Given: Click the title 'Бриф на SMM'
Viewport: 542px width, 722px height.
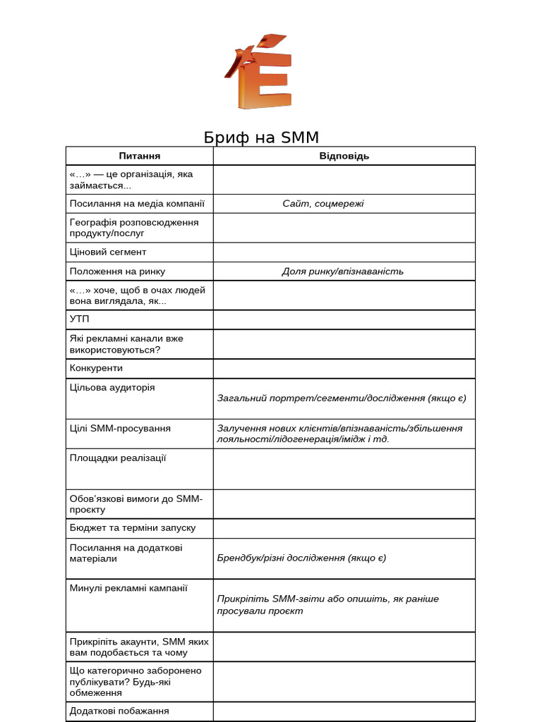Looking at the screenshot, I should [x=261, y=137].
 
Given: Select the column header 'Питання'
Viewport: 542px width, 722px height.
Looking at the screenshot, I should [x=140, y=156].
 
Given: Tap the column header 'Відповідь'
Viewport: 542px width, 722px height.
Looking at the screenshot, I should [x=344, y=156].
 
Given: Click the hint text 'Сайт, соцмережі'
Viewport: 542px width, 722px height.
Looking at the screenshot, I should [x=323, y=204].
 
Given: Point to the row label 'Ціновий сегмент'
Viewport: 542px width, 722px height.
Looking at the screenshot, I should [x=108, y=252].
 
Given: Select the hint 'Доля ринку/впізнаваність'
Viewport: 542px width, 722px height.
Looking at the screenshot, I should [x=343, y=271].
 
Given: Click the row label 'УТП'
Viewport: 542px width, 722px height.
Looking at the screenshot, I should [x=80, y=319].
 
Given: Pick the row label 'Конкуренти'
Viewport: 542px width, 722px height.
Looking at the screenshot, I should [x=96, y=367].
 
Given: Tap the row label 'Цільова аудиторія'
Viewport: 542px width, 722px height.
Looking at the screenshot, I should [x=112, y=387].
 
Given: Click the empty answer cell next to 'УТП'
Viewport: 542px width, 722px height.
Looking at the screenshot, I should [x=344, y=319].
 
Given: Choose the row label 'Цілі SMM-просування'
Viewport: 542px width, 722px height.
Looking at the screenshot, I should [x=120, y=428].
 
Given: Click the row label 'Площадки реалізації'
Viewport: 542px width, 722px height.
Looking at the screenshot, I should [x=118, y=458].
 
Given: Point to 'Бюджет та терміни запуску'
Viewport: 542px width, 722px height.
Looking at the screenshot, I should [x=133, y=527].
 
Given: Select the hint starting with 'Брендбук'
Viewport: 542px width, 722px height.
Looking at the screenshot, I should [x=301, y=558].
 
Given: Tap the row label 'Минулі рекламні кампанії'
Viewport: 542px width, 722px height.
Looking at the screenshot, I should [x=128, y=587].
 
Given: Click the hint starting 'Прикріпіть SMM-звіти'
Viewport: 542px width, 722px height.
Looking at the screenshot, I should [x=327, y=604].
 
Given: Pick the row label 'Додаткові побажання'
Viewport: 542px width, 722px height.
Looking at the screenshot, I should [x=119, y=711].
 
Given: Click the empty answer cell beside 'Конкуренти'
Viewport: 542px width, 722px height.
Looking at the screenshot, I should [x=344, y=368].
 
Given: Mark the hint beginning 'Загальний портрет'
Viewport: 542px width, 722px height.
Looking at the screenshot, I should [x=342, y=398].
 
